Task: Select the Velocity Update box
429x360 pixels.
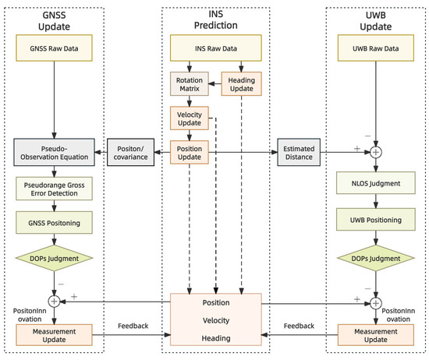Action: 191,120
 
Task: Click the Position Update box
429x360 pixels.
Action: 191,151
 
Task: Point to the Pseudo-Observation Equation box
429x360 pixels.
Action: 54,151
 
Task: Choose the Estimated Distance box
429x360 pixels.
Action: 298,151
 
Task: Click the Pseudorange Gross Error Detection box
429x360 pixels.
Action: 54,190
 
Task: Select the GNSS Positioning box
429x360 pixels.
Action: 54,223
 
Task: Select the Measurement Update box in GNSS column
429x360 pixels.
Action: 54,335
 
